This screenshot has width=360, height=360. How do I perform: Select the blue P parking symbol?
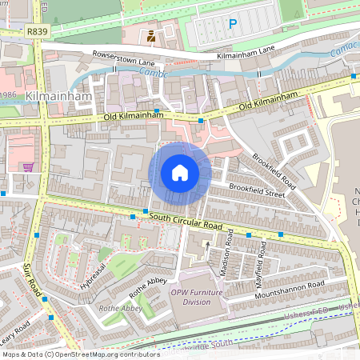point(233,25)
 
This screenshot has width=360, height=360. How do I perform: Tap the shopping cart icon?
point(29,167)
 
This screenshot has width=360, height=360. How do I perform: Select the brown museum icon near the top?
point(150,36)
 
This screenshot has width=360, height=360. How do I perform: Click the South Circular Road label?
point(184,219)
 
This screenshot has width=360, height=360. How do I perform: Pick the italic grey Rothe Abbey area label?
point(120,308)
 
